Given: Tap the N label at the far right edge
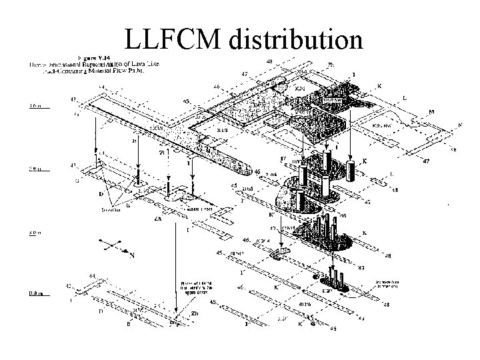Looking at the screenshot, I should [459, 124].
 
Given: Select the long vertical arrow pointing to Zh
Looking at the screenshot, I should [175, 267].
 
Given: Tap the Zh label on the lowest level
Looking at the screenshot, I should [194, 312].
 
